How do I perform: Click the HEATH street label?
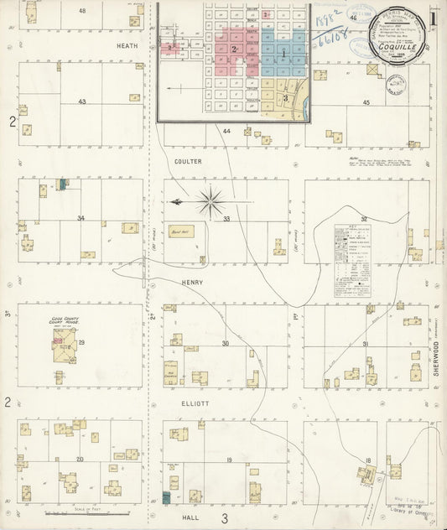[127, 46]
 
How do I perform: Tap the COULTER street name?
[189, 161]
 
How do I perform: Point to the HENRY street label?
[193, 283]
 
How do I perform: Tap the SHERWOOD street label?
[437, 367]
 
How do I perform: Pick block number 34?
[81, 218]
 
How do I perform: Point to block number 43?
[82, 101]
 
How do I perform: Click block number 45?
[366, 102]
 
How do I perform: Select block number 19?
[228, 462]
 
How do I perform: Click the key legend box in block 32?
[352, 260]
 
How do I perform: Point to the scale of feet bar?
[98, 512]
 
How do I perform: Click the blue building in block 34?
[62, 184]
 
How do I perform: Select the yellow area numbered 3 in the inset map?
[286, 98]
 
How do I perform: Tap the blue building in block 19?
[166, 499]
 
